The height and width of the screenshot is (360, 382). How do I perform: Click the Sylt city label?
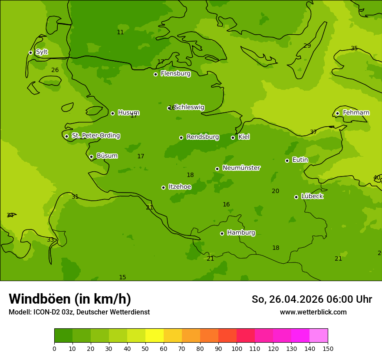point(42,52)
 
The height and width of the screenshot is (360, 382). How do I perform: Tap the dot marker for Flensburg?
point(155,74)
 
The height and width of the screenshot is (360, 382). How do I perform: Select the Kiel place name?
point(244,137)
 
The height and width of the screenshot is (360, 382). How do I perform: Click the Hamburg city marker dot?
point(222,233)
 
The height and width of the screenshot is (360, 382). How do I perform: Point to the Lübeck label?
point(312,196)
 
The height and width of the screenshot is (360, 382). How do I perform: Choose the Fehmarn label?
point(356,113)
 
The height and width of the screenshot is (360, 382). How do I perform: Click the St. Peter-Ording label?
point(96,136)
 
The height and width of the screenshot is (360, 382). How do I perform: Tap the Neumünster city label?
point(241,168)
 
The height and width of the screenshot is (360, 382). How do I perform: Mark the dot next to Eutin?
point(287,160)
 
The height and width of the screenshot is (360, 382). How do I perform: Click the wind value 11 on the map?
point(120,33)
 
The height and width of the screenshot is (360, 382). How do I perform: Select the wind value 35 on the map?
point(354,49)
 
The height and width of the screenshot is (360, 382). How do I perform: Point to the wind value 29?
point(307,46)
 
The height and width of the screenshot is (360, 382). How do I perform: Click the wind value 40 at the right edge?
point(377,178)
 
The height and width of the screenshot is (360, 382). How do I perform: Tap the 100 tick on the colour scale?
point(237,348)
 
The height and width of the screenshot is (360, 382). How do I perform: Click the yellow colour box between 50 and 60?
point(155,336)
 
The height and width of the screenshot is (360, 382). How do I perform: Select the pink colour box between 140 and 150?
point(319,336)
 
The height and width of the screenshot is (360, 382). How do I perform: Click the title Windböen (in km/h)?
point(70,299)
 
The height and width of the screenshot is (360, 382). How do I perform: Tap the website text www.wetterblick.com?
point(313,312)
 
